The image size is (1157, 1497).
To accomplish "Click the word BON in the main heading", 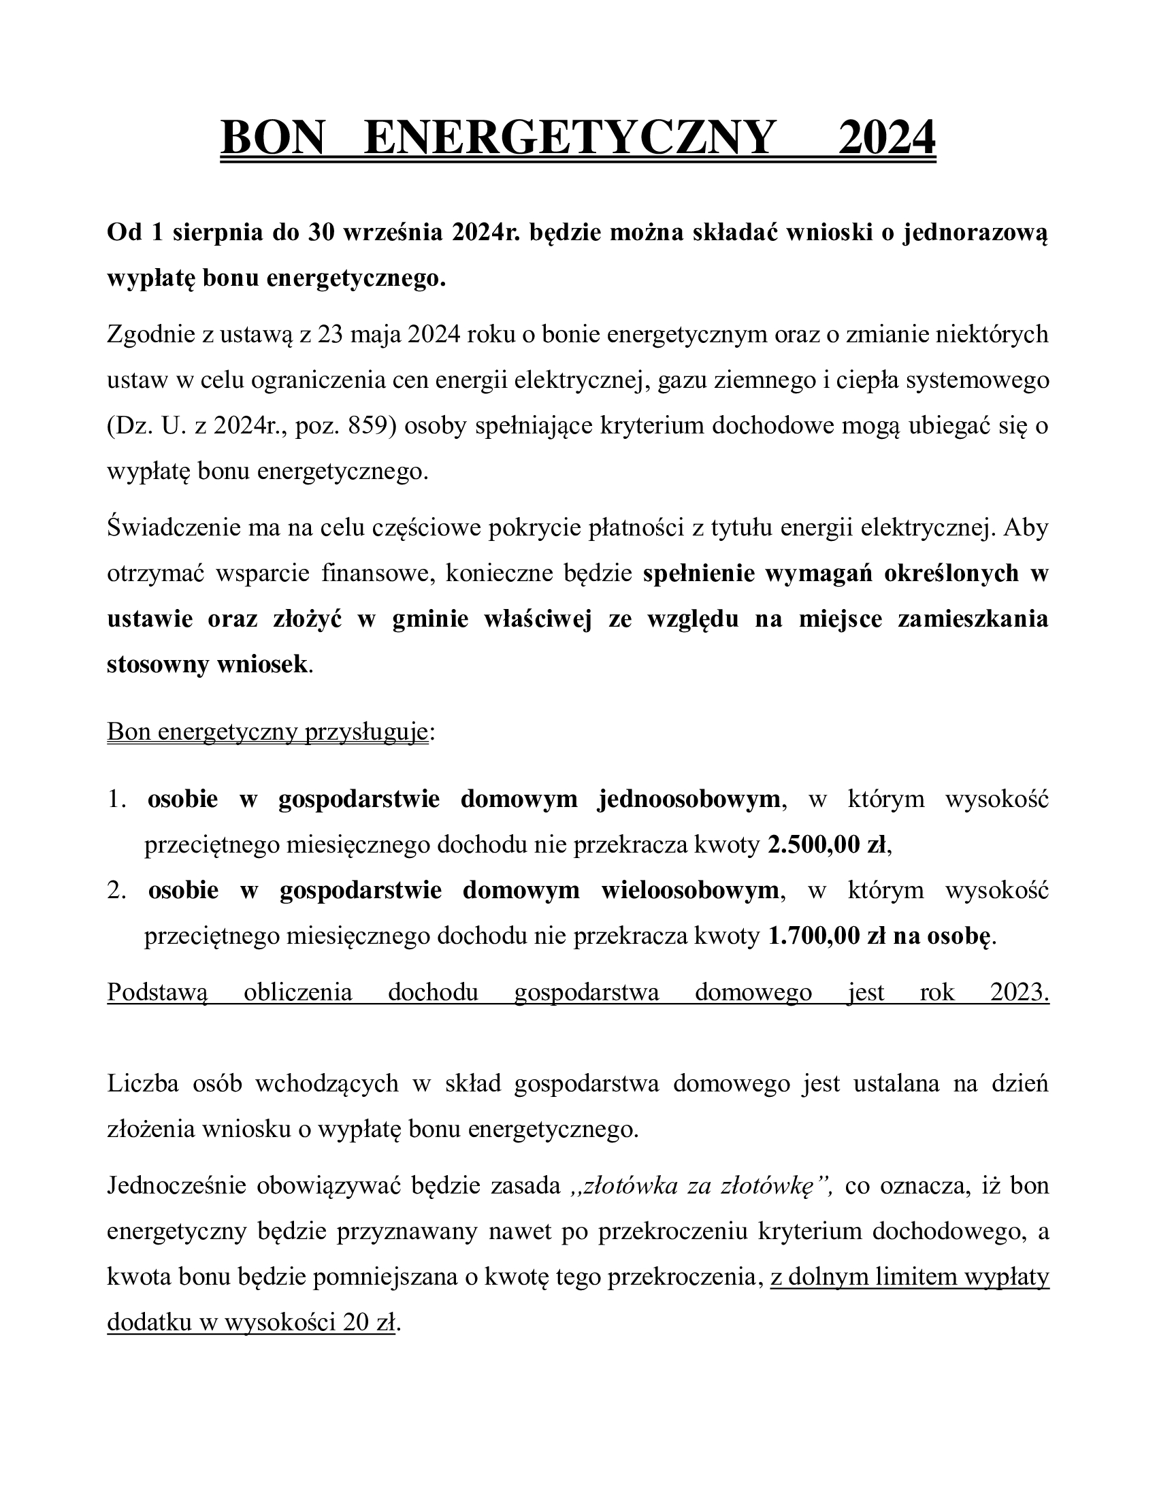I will [x=272, y=137].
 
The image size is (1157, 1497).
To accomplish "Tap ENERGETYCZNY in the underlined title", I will [x=570, y=137].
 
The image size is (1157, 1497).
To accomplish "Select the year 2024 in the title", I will [x=887, y=137].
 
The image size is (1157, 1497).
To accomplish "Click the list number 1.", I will [x=116, y=800].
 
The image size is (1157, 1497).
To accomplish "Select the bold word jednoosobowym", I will [x=689, y=800].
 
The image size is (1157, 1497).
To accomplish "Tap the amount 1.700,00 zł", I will [x=825, y=936].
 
